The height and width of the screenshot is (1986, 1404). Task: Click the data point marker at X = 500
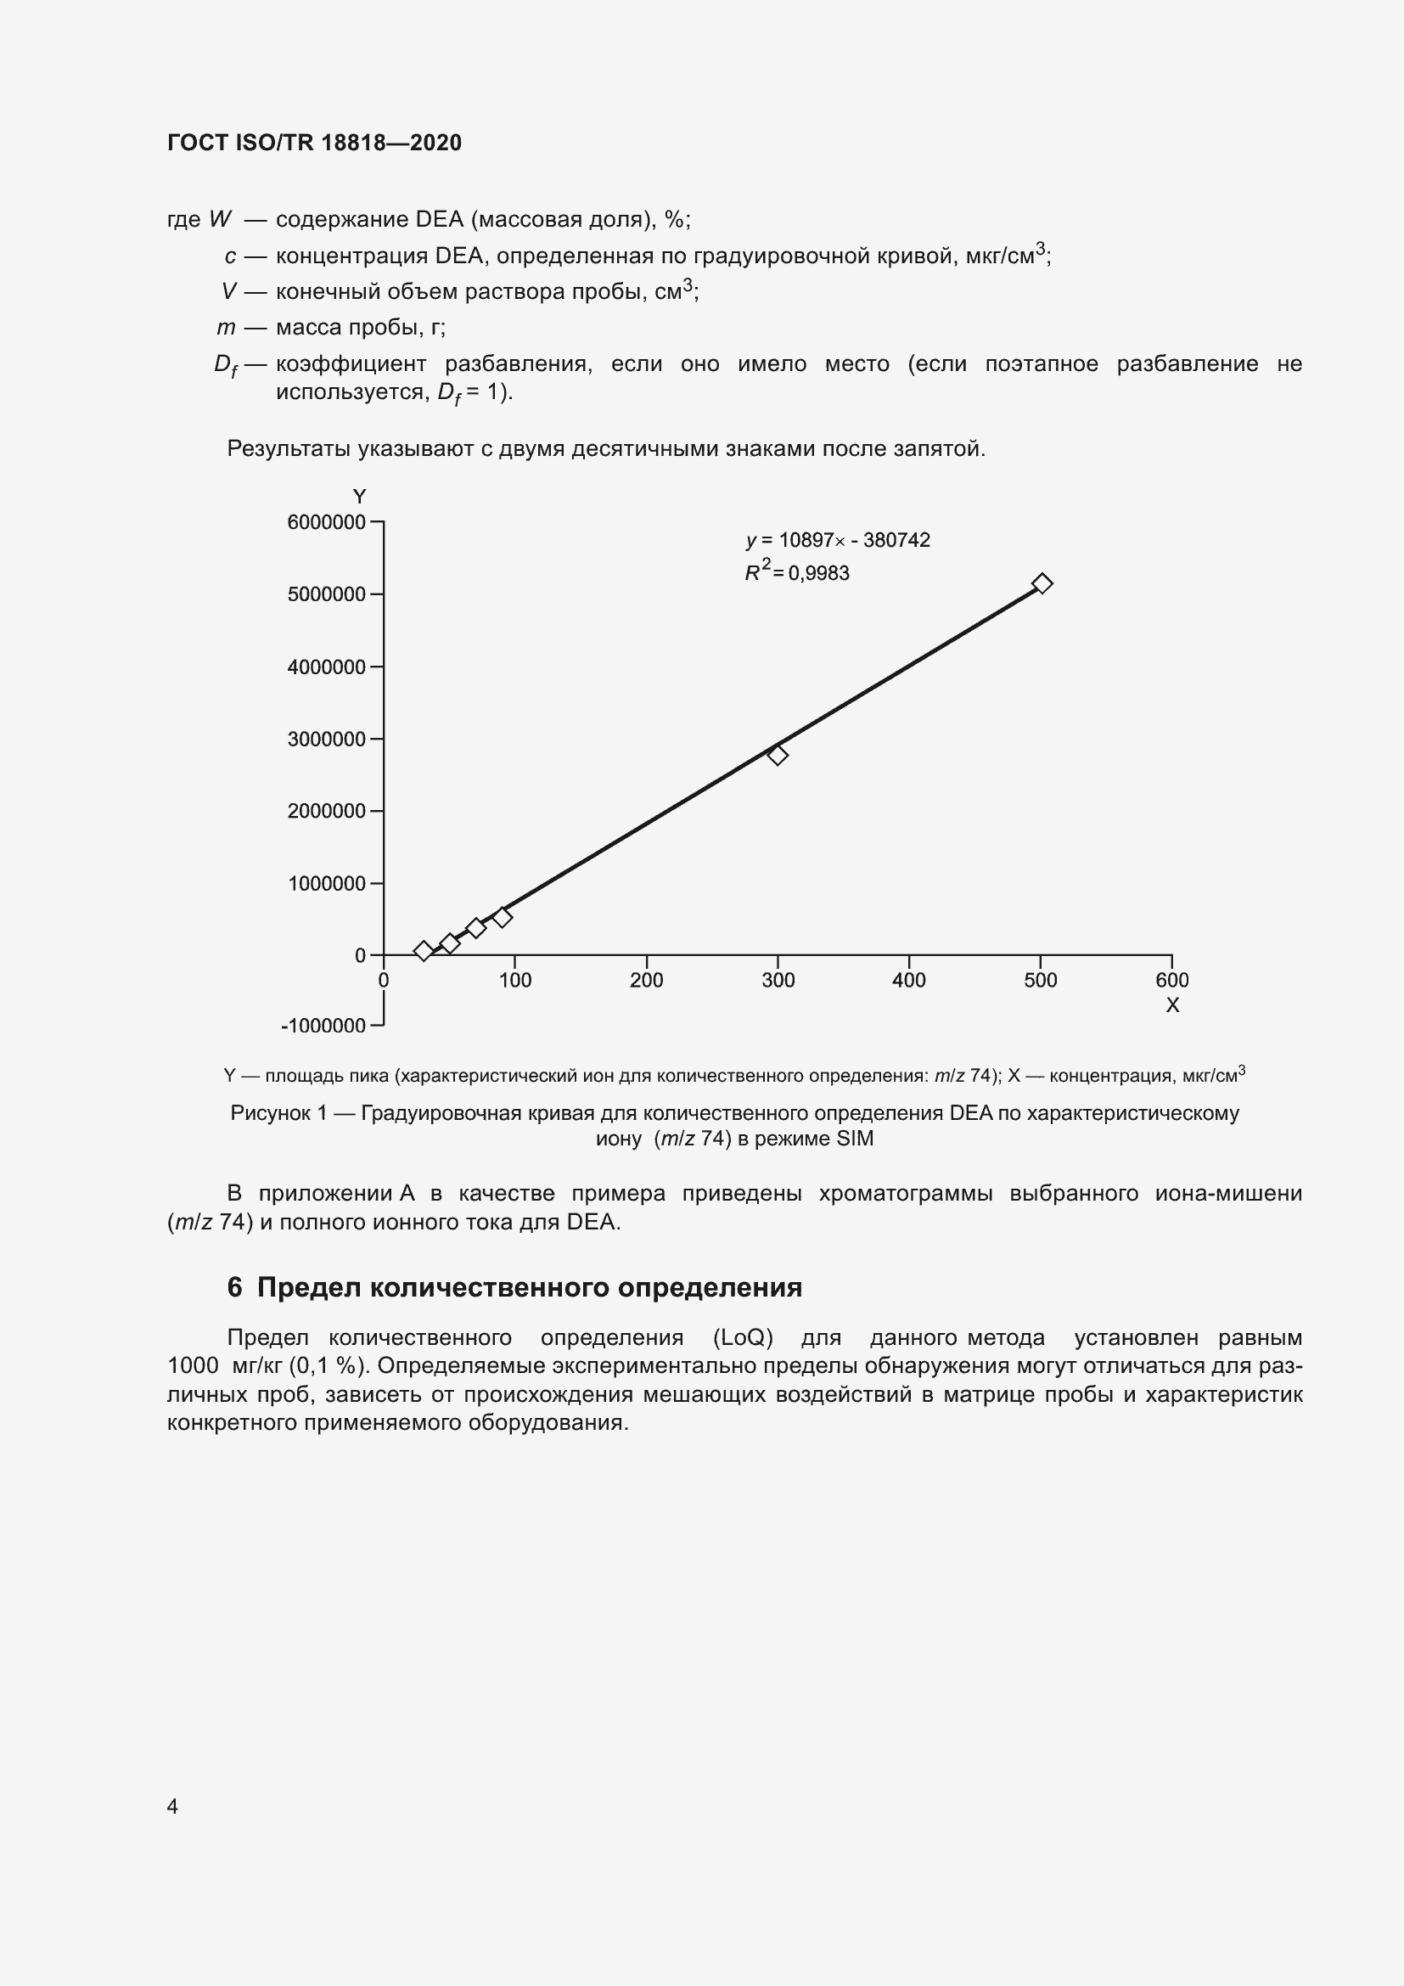click(x=1042, y=584)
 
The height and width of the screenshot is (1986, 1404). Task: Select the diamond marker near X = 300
click(x=778, y=755)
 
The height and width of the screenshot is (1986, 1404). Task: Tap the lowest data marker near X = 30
click(x=423, y=951)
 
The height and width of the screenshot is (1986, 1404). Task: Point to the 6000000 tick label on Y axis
click(x=326, y=522)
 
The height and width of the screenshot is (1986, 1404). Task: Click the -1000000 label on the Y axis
click(x=323, y=1026)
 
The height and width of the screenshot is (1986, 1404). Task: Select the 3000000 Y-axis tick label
click(x=326, y=740)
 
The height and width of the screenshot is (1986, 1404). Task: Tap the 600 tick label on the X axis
click(x=1171, y=980)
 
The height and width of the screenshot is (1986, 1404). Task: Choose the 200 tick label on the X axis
click(x=646, y=980)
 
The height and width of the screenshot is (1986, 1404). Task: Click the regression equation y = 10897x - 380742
click(x=838, y=541)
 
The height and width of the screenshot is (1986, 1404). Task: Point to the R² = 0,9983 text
click(x=797, y=572)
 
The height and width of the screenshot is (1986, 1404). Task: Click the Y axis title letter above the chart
click(x=360, y=497)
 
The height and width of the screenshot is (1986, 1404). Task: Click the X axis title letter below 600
click(x=1172, y=1005)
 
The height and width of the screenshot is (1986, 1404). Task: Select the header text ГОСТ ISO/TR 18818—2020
click(x=315, y=143)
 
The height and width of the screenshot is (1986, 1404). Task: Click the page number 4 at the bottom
click(x=172, y=1806)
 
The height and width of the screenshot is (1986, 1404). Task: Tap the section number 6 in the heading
click(x=234, y=1288)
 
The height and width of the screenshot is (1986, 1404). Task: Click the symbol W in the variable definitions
click(x=220, y=220)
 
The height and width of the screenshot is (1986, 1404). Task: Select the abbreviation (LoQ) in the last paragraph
click(x=743, y=1338)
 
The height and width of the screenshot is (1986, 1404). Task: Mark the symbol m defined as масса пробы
click(x=226, y=328)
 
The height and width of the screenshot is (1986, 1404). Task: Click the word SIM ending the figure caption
click(x=854, y=1139)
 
